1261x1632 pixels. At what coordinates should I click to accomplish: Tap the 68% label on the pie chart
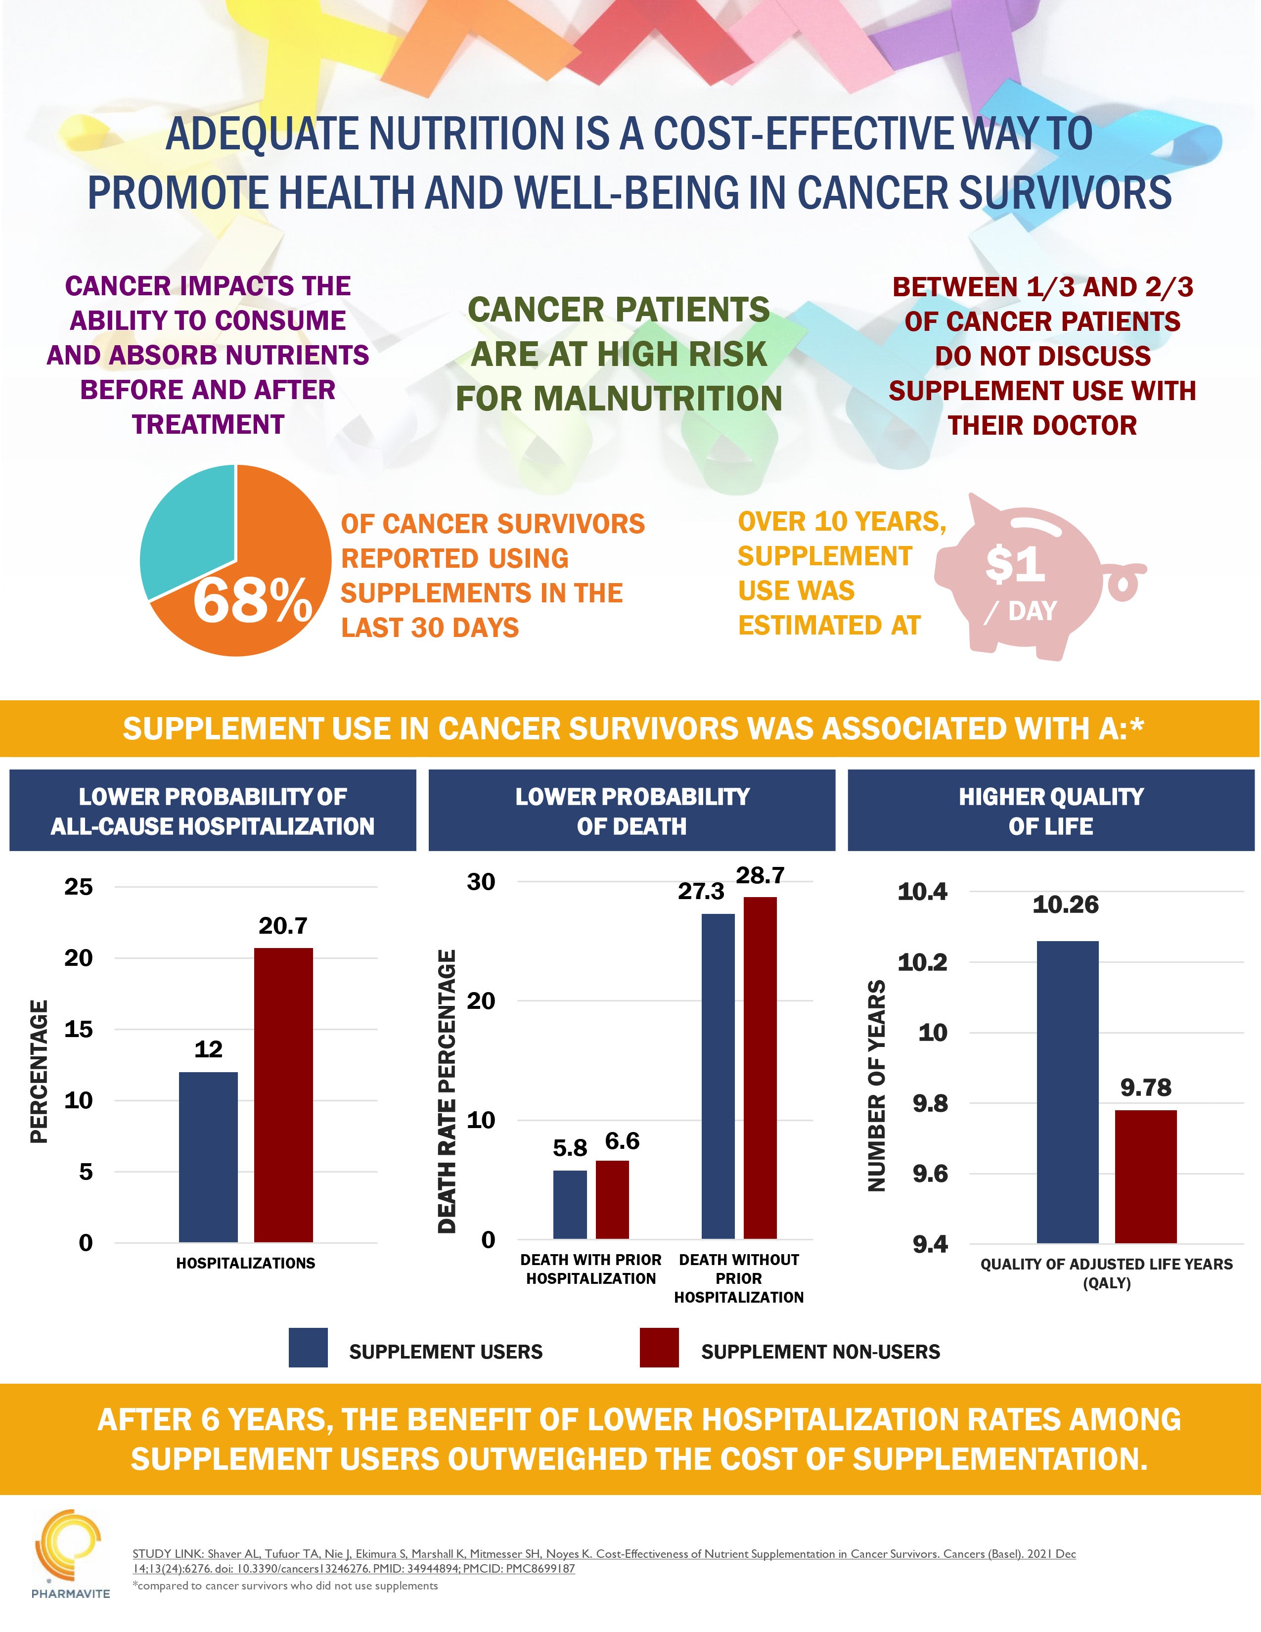(x=253, y=601)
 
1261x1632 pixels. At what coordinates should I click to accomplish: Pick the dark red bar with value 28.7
(x=760, y=1069)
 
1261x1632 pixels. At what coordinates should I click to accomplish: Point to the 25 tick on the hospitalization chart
(x=79, y=887)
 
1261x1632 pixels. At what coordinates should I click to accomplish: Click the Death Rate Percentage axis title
(x=447, y=1091)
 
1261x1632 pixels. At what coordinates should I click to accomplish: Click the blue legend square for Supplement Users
(x=308, y=1347)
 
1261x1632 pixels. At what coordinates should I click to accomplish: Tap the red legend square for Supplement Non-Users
(x=659, y=1347)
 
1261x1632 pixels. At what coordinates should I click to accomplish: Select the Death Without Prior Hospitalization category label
(x=738, y=1278)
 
